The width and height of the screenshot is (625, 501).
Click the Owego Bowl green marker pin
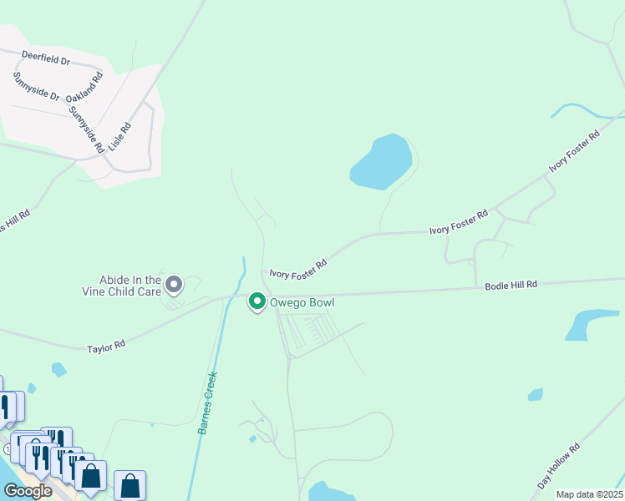pos(257,301)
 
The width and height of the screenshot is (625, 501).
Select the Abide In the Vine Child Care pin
pos(174,286)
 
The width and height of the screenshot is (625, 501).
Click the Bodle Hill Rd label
pos(511,286)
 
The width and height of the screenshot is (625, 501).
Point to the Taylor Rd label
pos(106,344)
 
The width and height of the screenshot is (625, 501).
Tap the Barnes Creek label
pos(207,402)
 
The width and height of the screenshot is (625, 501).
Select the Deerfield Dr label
pos(46,60)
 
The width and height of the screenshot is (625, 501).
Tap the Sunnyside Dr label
pos(36,86)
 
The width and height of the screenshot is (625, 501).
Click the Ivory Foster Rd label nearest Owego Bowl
pos(297,269)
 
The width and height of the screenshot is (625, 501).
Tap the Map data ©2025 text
pos(589,494)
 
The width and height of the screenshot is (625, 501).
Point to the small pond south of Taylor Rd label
pos(58,368)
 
